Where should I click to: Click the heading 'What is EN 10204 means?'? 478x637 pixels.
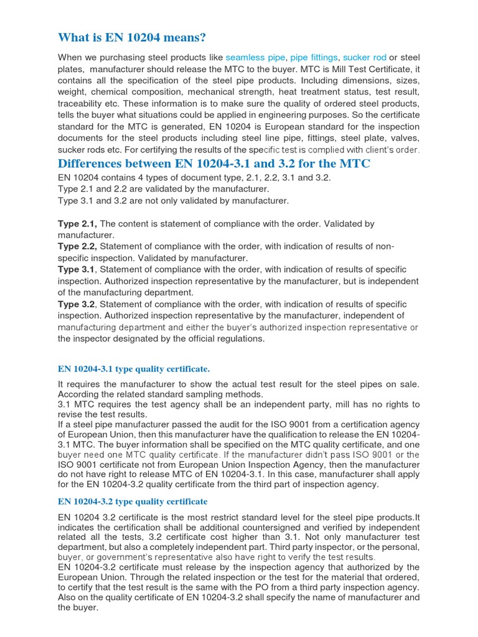click(131, 38)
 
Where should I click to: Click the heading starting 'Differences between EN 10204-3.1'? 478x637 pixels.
click(213, 164)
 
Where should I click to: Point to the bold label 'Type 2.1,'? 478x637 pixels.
click(78, 223)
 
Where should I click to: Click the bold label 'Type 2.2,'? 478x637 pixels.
click(78, 246)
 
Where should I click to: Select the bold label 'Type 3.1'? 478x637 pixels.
click(76, 269)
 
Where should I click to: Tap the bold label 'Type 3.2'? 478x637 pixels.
click(76, 304)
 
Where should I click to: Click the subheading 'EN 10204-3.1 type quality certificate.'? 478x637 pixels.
click(134, 370)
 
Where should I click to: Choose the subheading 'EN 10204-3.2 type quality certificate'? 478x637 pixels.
click(133, 501)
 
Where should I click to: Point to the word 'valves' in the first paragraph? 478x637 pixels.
click(406, 138)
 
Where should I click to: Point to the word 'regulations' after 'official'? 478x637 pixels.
click(238, 338)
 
